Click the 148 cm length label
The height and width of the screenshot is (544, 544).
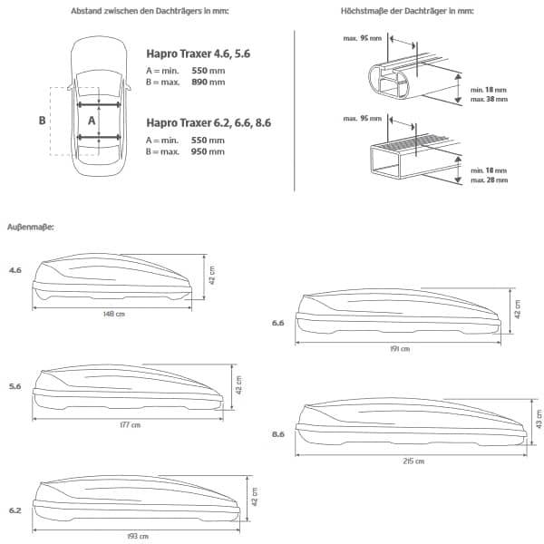[114, 314]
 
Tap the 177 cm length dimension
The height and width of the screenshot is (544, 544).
[130, 425]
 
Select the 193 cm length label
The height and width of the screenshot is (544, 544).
[138, 537]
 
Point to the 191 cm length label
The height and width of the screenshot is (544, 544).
[400, 349]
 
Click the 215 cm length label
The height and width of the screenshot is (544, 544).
[413, 461]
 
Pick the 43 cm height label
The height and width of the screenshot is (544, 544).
[539, 419]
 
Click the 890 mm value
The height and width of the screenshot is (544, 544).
[209, 83]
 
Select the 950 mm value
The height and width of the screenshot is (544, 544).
[208, 151]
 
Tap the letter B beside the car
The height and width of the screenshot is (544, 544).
[42, 121]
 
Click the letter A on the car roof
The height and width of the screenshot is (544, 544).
[92, 121]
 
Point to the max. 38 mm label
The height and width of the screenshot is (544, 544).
[489, 99]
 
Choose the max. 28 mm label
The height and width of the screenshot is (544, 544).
[490, 180]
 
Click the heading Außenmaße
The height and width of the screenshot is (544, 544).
[31, 228]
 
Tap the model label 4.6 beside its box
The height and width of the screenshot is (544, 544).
[15, 270]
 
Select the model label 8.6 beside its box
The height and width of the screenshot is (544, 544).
[278, 434]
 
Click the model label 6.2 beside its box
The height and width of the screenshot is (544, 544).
[15, 510]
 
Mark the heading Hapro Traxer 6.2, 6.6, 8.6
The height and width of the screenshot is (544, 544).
[209, 122]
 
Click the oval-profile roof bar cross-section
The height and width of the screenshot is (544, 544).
[390, 80]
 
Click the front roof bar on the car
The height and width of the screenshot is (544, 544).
[99, 104]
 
